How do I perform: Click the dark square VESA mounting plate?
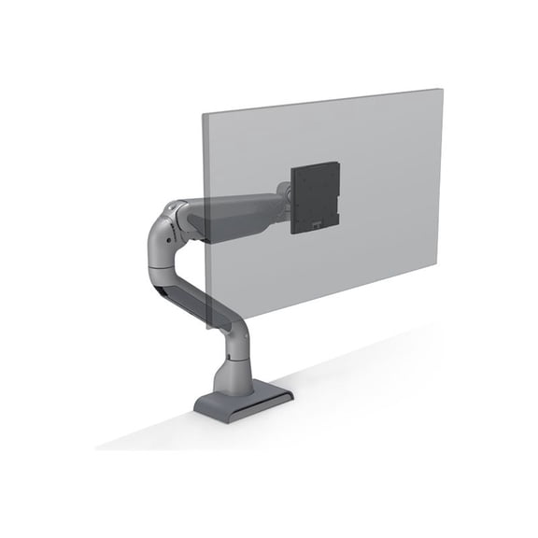[315, 197]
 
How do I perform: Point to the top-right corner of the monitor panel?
[440, 90]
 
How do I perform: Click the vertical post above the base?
[231, 369]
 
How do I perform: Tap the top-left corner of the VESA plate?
[293, 168]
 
